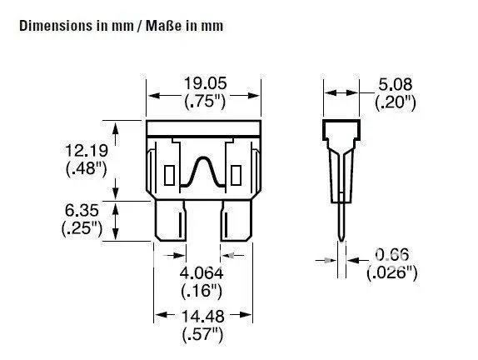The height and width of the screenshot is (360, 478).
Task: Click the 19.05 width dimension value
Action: pos(206,83)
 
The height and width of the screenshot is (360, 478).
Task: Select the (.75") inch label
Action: pos(205,101)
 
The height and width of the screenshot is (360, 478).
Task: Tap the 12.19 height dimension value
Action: pos(87,151)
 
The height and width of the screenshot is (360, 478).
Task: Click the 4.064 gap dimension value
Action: pos(202,273)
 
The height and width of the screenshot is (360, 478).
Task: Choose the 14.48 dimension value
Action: pos(202,317)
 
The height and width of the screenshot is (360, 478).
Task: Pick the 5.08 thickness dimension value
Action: pos(396,84)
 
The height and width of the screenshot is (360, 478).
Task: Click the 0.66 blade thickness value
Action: pos(391,255)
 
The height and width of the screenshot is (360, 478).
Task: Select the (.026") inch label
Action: pos(391,272)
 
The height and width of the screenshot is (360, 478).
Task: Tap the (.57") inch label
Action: pos(202,334)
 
